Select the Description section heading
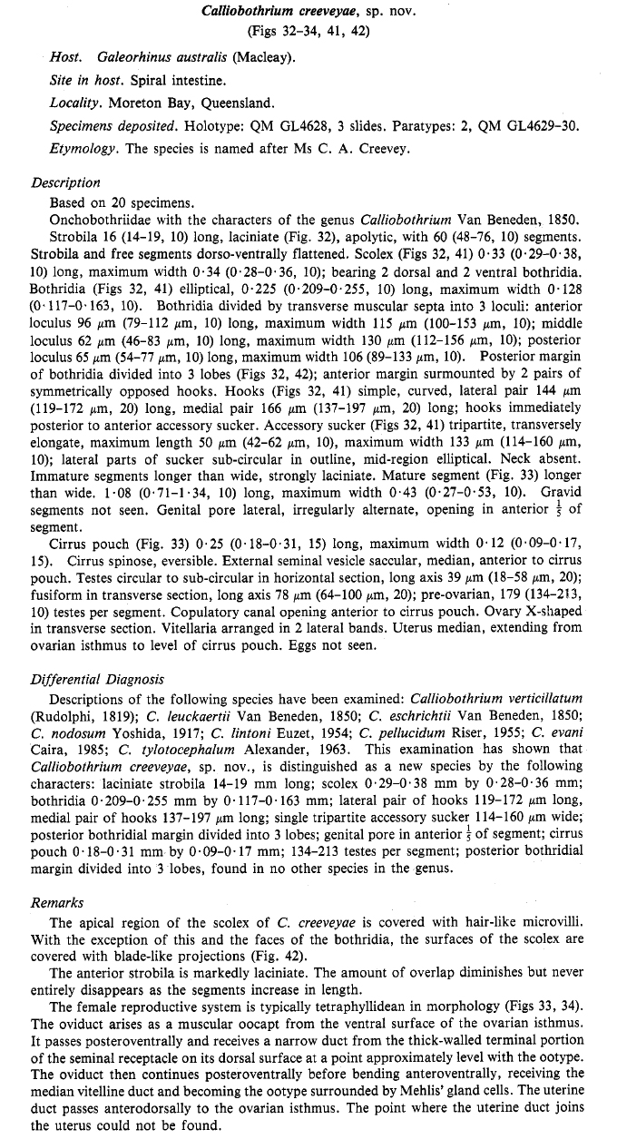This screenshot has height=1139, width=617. pos(65,182)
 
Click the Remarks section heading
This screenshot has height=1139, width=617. pos(56,877)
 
